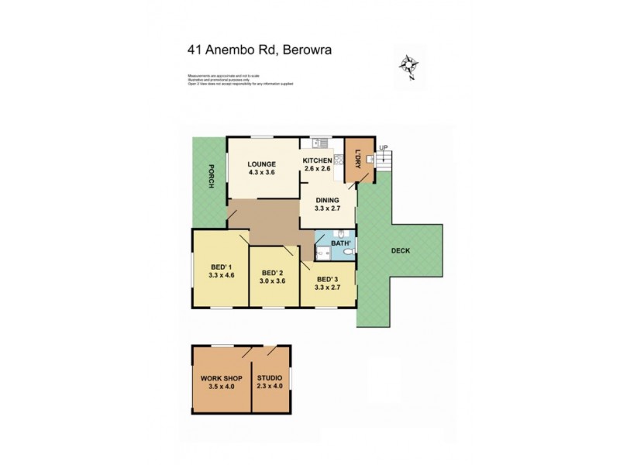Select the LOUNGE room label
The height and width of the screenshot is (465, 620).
click(x=262, y=164)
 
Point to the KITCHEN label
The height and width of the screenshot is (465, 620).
click(x=317, y=160)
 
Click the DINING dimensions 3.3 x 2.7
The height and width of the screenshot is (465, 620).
click(x=327, y=208)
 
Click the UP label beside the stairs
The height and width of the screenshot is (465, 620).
click(x=383, y=148)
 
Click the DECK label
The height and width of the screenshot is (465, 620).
click(x=401, y=250)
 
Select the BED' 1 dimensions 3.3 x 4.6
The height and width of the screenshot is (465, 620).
click(x=221, y=275)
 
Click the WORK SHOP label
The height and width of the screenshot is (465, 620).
click(x=221, y=378)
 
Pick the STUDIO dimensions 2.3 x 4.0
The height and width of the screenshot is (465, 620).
click(x=270, y=386)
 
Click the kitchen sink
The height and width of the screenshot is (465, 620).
click(x=317, y=143)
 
